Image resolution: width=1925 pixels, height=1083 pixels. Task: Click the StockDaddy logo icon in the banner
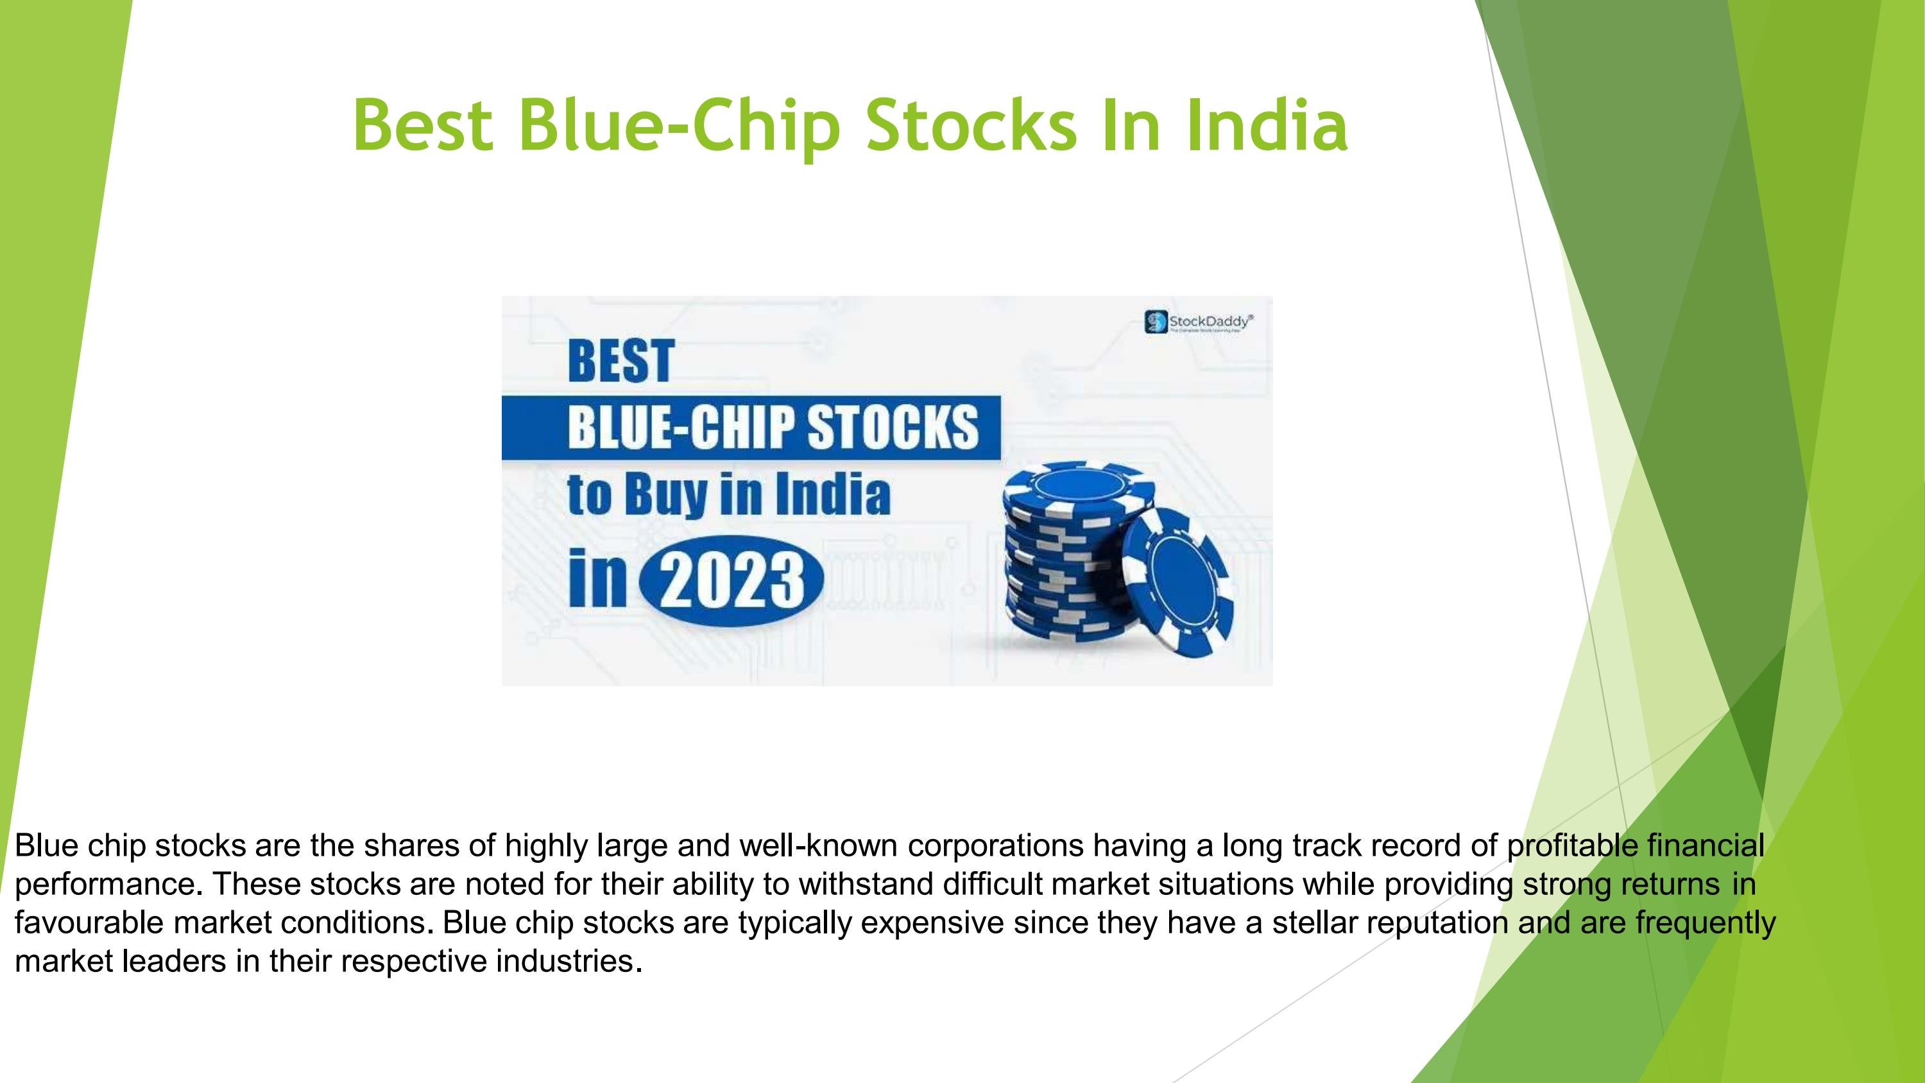[x=1155, y=322]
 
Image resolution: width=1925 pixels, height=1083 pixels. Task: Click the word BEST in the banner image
[x=621, y=361]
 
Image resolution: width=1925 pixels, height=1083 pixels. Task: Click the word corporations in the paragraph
[x=995, y=845]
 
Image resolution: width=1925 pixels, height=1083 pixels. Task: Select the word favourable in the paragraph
[x=90, y=923]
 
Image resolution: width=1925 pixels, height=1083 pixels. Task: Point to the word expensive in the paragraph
[x=932, y=923]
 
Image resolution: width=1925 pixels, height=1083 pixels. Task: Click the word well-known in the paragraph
[x=817, y=845]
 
